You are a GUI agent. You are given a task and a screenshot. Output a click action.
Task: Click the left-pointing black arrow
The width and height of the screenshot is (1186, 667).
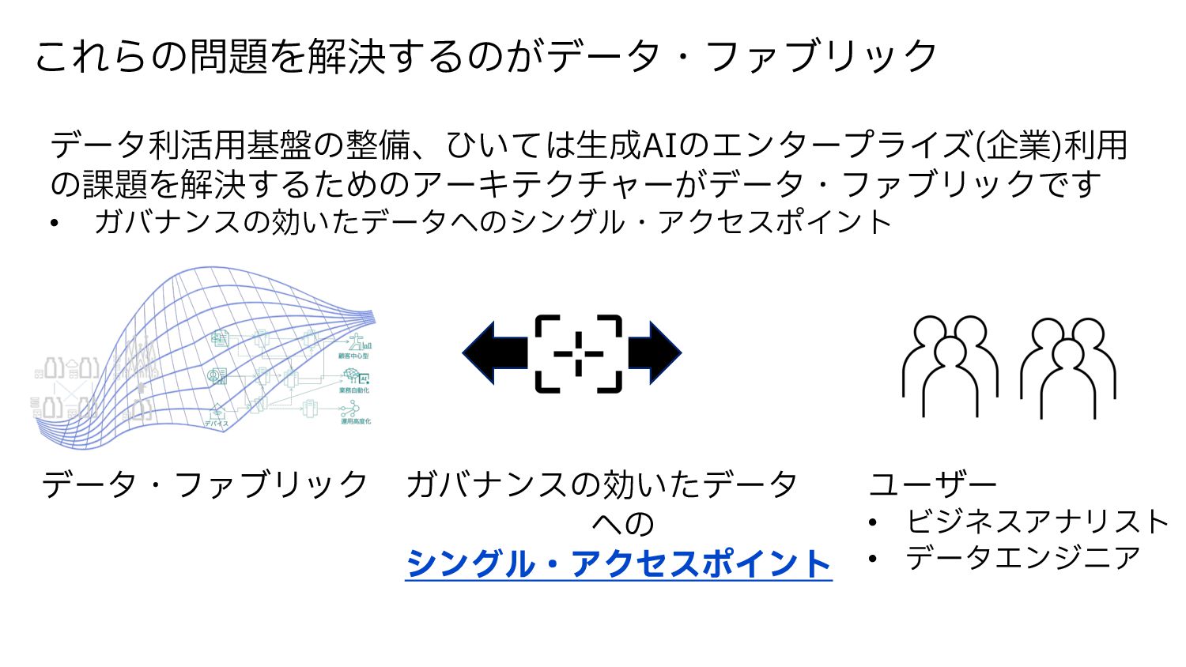click(x=495, y=353)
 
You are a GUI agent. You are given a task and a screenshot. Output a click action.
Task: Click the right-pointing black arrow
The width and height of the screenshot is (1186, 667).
click(x=654, y=353)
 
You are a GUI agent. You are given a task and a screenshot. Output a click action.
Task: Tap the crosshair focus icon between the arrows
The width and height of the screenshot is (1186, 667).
click(x=578, y=353)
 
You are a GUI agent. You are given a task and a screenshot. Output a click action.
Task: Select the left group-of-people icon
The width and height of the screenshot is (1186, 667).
click(x=949, y=365)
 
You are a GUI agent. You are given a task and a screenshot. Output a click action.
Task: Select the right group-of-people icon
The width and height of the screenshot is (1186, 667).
click(x=1067, y=367)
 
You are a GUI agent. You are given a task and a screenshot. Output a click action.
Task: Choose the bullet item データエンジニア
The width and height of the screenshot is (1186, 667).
click(x=1023, y=558)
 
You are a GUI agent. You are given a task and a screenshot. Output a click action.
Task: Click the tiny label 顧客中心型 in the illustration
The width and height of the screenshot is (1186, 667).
click(x=353, y=356)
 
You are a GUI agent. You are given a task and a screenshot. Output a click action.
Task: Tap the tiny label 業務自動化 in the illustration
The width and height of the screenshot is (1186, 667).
click(x=354, y=390)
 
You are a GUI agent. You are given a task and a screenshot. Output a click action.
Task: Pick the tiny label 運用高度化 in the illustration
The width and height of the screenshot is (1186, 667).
click(x=355, y=421)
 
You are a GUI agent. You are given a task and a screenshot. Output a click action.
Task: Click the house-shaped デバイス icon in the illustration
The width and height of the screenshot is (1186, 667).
click(x=217, y=412)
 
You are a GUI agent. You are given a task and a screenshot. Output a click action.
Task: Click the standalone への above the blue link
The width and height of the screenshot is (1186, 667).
click(x=623, y=523)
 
